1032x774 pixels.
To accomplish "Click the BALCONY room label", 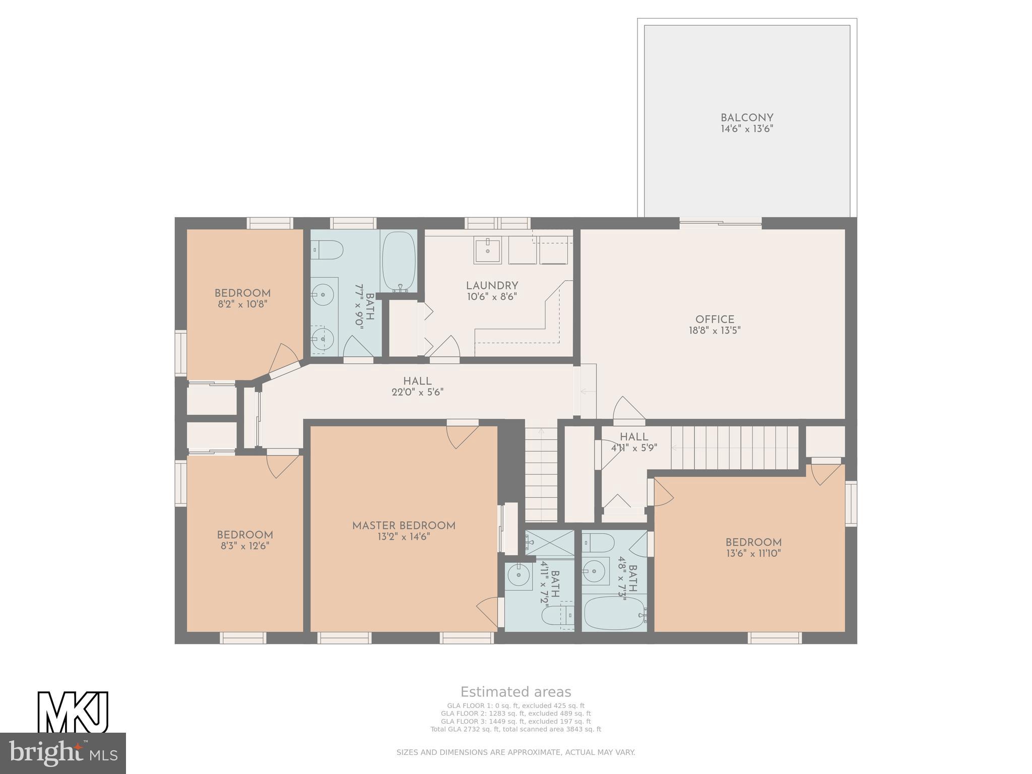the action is [747, 118].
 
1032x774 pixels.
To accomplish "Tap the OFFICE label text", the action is [715, 319].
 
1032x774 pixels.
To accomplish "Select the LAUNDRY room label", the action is [492, 286].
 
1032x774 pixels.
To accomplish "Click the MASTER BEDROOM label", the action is [404, 526].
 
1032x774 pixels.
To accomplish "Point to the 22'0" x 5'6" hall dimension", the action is [417, 392].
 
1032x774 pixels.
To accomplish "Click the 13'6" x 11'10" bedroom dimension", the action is [753, 553].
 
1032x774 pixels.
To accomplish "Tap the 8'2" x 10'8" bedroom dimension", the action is [242, 304].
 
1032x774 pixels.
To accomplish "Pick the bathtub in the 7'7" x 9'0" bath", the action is [399, 262].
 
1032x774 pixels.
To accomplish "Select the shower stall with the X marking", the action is [549, 543].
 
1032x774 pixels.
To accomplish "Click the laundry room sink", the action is [487, 251].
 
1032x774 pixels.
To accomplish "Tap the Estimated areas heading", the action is [516, 692].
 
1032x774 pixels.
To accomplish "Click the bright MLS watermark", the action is [63, 753].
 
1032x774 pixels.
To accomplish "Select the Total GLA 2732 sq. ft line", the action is [515, 729].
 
